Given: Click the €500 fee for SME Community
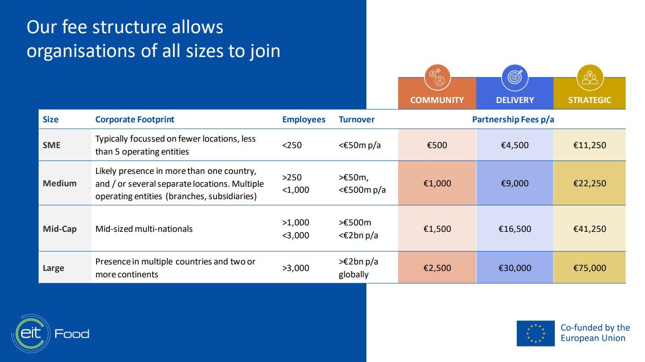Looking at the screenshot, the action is [x=437, y=145].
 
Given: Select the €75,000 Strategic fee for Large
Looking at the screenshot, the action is [x=589, y=268].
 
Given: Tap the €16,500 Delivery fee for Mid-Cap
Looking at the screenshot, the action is [x=514, y=229].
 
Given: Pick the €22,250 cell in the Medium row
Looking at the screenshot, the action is [x=589, y=183].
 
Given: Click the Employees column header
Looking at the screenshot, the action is [x=303, y=119].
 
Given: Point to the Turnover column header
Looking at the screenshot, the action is [x=356, y=119].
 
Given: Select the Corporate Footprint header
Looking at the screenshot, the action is [x=135, y=119].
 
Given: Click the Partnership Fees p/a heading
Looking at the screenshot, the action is [x=513, y=119].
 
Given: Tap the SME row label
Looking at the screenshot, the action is [x=51, y=145].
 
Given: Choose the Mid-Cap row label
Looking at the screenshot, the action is [x=60, y=229].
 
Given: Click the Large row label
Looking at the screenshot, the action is [x=53, y=268].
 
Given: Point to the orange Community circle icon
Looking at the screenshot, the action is [x=437, y=78].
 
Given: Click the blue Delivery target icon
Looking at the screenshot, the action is [x=514, y=78].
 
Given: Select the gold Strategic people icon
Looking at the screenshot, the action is [x=590, y=78].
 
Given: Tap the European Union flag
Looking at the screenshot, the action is [x=535, y=333].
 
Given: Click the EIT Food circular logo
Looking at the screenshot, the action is [x=31, y=333].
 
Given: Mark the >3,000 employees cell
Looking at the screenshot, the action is [x=296, y=268].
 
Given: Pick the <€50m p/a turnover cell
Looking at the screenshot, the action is [x=360, y=145].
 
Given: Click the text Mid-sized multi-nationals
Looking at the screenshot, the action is [x=144, y=229].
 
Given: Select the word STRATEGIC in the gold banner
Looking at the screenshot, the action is [x=589, y=100].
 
